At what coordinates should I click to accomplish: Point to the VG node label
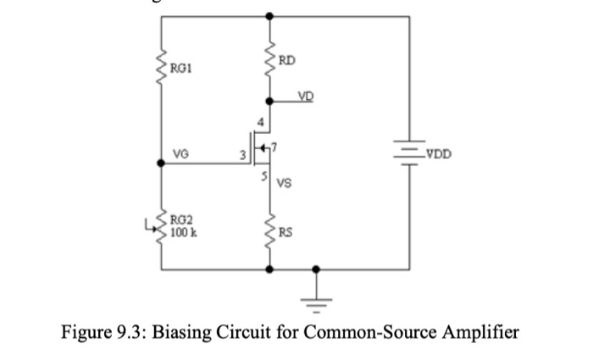click(180, 154)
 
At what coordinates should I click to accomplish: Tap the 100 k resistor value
click(184, 230)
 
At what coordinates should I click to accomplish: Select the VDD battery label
click(439, 155)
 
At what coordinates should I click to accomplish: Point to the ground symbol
click(317, 295)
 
